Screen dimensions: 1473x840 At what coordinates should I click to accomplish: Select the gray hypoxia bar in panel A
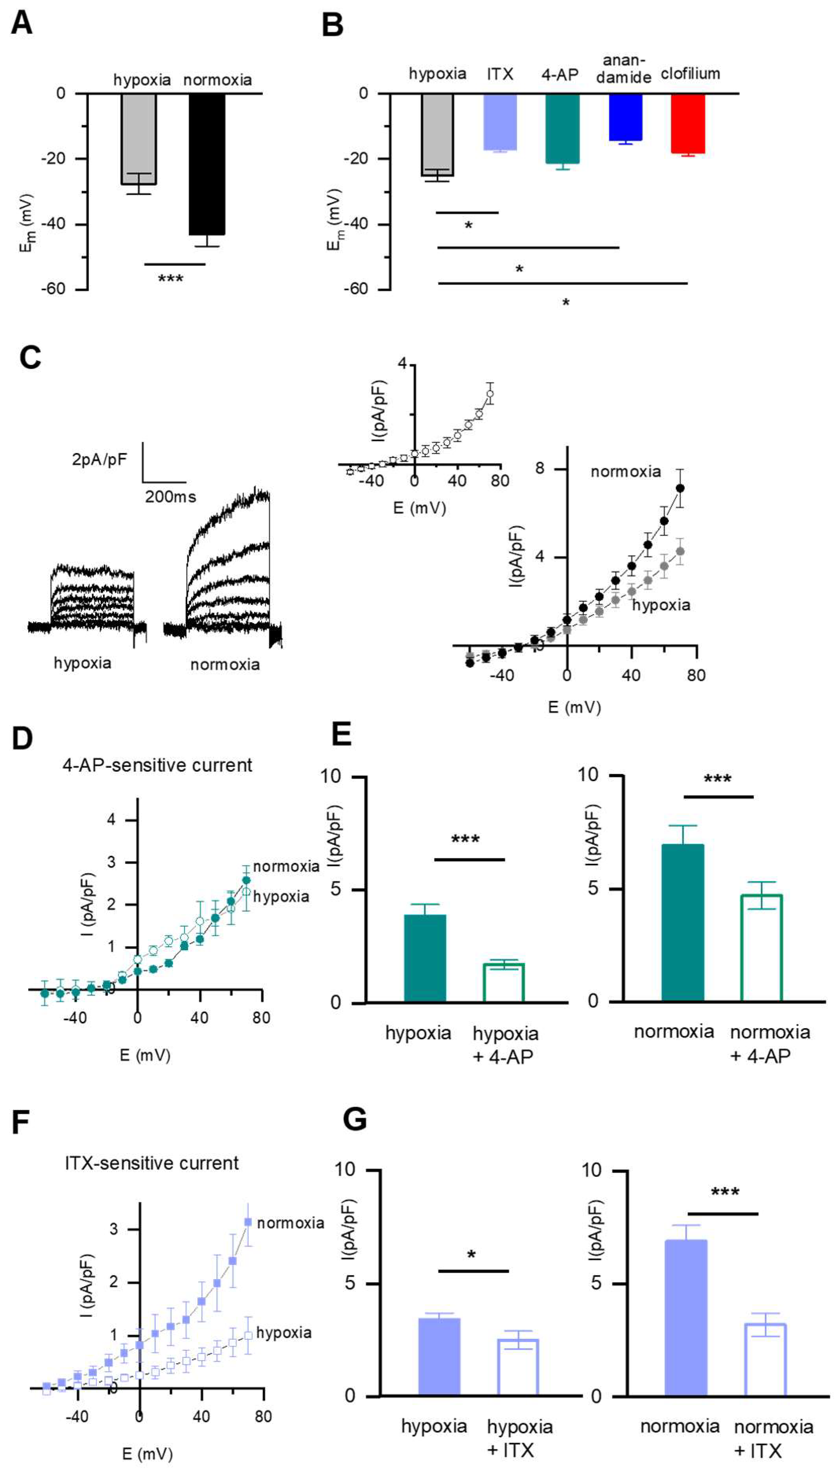(138, 138)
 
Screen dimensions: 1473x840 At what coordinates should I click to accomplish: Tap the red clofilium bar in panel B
(688, 124)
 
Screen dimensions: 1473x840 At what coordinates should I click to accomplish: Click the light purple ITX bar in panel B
(500, 122)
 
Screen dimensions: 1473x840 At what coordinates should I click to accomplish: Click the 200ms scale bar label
(170, 497)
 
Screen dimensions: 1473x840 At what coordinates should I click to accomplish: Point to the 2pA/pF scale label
(99, 459)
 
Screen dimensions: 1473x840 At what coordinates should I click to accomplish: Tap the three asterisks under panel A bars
(171, 279)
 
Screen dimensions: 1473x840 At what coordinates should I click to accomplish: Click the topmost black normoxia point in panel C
(680, 488)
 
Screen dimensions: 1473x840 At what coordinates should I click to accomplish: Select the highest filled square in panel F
(248, 1222)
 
